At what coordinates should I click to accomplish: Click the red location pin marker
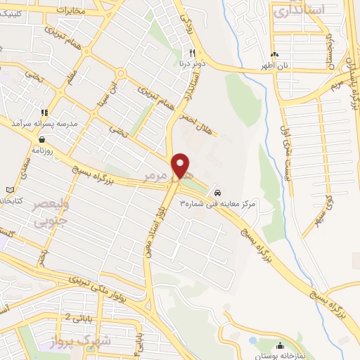[181, 166]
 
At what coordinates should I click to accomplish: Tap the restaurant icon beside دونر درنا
[191, 53]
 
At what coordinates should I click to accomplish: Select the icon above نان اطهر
[275, 54]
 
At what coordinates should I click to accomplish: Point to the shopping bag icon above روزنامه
[44, 139]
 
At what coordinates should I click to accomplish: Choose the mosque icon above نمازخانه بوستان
[280, 345]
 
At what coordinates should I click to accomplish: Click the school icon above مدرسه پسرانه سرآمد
[44, 112]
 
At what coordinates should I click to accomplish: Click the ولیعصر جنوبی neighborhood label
[26, 214]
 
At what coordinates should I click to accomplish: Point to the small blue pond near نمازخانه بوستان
[252, 341]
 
